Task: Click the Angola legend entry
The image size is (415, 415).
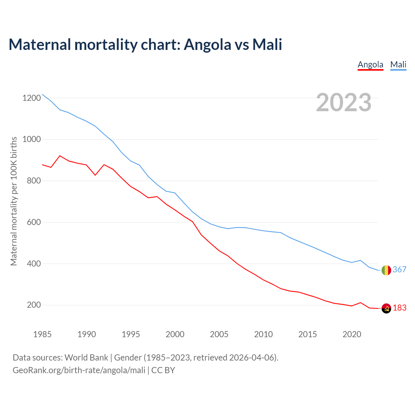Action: (370, 65)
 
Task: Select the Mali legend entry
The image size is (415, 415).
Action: (398, 65)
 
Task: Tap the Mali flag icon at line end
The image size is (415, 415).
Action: (386, 270)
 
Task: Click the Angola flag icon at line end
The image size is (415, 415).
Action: (386, 308)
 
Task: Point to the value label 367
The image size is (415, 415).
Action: (399, 269)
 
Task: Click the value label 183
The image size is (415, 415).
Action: (399, 308)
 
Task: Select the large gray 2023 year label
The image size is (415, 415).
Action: (344, 102)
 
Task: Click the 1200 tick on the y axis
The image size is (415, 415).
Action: (31, 98)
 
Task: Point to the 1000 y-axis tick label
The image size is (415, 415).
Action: (31, 139)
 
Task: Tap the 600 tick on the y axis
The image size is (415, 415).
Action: (34, 222)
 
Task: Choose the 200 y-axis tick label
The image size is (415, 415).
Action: (34, 305)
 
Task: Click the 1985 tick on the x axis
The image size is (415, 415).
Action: (42, 334)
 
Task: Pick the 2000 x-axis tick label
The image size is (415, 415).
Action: (175, 334)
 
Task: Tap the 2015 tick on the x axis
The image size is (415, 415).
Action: (308, 334)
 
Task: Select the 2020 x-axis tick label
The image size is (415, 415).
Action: (352, 334)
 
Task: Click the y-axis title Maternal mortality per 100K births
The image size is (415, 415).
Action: (14, 201)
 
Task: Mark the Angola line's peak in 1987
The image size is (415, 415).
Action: (60, 156)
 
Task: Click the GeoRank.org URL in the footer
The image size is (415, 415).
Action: (79, 370)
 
